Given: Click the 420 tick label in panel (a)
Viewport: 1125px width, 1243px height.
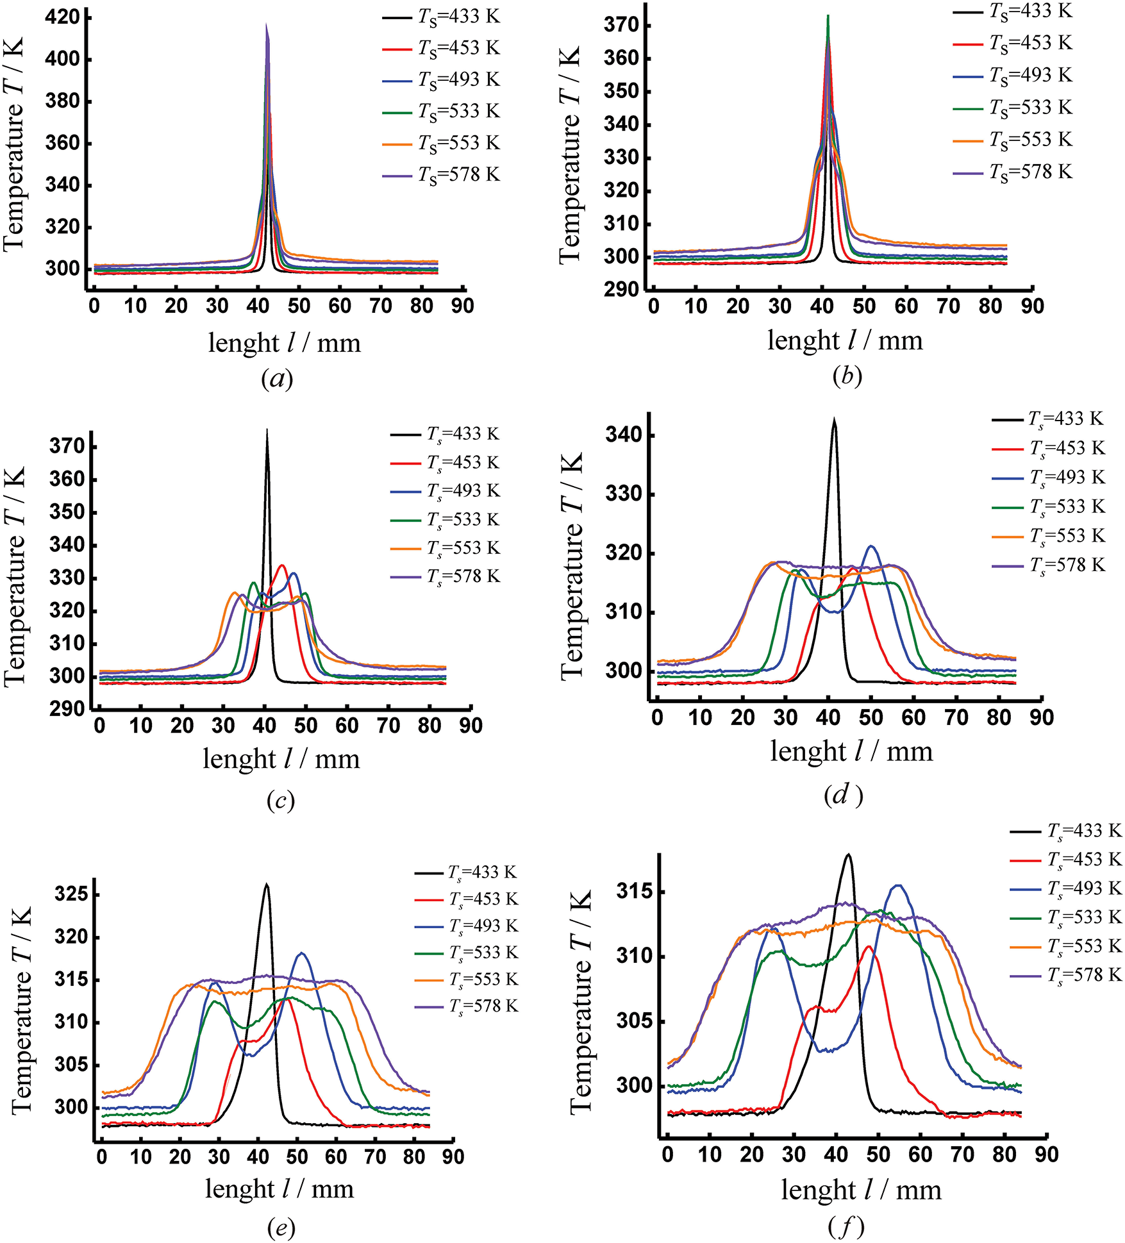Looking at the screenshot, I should pos(62,17).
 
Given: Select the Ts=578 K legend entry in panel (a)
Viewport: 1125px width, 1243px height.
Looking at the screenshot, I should pos(441,174).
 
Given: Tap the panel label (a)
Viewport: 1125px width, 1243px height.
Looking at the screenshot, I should pos(277,379).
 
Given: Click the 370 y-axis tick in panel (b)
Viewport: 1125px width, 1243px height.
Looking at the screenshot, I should pos(621,26).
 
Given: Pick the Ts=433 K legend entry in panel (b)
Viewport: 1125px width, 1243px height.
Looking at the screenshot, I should pos(1012,12).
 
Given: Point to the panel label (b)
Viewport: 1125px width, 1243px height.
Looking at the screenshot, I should pos(847,376).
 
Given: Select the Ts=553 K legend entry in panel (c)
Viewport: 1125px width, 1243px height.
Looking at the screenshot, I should pos(445,548).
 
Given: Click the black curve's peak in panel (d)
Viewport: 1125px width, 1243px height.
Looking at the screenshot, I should pos(834,419).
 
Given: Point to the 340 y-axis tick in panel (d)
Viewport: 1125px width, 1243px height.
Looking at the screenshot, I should pos(624,435).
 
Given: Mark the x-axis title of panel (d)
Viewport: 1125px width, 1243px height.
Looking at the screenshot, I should pos(851,751).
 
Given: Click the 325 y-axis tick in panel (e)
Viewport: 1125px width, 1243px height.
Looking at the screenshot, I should pos(71,894).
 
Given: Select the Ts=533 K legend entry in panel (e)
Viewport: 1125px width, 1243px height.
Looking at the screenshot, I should pos(466,953).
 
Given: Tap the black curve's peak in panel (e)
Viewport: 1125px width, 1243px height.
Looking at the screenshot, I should pos(267,885).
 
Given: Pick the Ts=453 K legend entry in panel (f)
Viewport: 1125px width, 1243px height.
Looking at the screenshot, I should pos(1066,860).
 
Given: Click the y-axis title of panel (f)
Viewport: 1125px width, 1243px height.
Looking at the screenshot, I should pos(581,1001).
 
